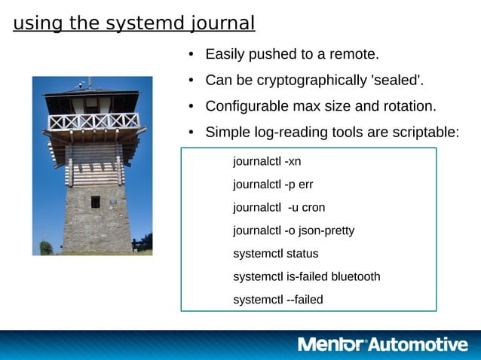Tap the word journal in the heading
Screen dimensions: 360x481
point(219,24)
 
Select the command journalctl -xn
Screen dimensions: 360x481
point(267,161)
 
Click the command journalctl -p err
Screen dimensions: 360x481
point(273,185)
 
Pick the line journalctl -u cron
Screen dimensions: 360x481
point(279,207)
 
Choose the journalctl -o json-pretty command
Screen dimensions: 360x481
point(293,230)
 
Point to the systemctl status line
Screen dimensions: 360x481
point(276,254)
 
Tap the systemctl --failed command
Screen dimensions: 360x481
point(278,300)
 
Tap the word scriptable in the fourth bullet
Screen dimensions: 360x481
point(424,133)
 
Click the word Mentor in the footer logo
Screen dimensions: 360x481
point(332,345)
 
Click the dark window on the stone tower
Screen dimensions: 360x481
point(95,202)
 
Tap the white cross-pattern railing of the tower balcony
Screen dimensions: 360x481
point(93,121)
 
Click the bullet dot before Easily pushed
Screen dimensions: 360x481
point(191,55)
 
